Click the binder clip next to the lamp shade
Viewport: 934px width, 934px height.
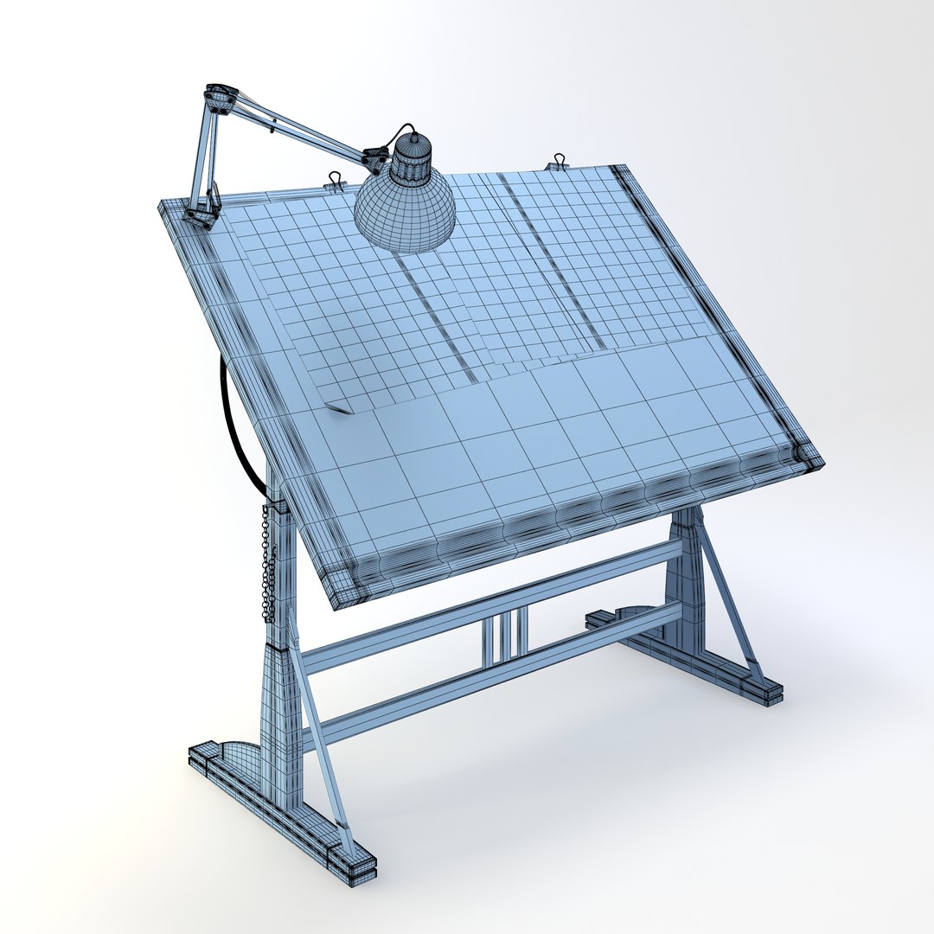pos(334,181)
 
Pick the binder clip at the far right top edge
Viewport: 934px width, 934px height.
pos(555,161)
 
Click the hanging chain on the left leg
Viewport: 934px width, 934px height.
pos(269,562)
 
